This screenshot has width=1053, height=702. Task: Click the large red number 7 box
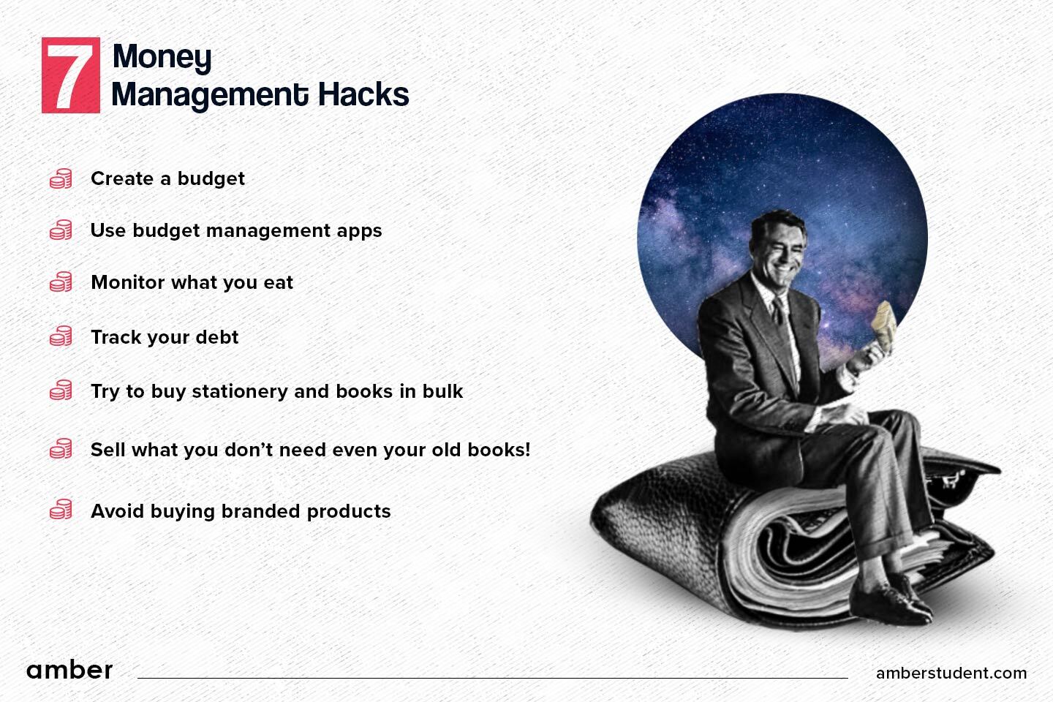tap(70, 75)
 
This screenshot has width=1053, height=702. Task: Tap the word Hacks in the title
tap(363, 94)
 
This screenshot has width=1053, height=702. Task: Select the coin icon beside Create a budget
tap(61, 178)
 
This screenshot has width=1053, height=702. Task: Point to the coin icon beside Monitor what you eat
tap(61, 282)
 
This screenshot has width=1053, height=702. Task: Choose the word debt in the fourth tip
tap(216, 336)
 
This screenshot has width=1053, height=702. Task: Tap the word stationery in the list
tap(239, 392)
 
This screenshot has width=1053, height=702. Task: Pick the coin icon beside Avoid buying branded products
tap(61, 510)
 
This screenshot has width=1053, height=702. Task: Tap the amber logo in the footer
tap(69, 670)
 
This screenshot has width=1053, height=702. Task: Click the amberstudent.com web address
tap(951, 673)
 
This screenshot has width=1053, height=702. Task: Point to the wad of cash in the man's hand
tap(884, 325)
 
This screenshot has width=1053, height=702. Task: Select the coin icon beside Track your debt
tap(61, 336)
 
